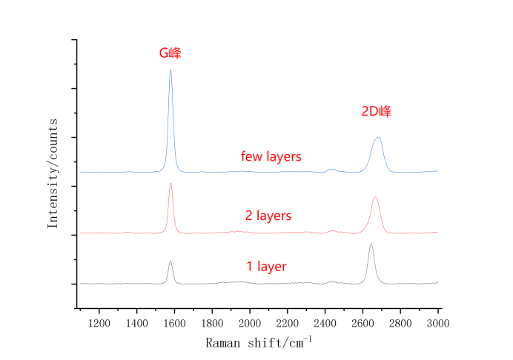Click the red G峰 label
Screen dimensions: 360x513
[x=171, y=53]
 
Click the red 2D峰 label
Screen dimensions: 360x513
[x=376, y=112]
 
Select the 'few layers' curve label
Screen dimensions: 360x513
[x=271, y=157]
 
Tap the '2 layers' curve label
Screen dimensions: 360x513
[x=268, y=216]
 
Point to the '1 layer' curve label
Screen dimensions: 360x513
[x=266, y=267]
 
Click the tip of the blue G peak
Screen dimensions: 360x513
[x=171, y=70]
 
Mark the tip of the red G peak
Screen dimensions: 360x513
[x=171, y=184]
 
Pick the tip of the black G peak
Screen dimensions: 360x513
[x=171, y=261]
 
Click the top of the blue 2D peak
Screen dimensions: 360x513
[x=379, y=138]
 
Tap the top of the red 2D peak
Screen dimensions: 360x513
[x=375, y=197]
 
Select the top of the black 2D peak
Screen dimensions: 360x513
[x=371, y=244]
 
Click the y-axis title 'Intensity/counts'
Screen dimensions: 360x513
[x=53, y=171]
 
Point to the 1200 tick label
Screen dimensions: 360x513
[x=99, y=323]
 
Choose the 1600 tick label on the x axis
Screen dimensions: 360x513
[x=174, y=323]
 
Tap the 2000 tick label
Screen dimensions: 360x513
[x=250, y=323]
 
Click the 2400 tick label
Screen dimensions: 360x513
[x=325, y=323]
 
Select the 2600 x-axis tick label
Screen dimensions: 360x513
[x=363, y=323]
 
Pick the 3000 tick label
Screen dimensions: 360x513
[x=438, y=323]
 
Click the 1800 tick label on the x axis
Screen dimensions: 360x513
[x=212, y=323]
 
